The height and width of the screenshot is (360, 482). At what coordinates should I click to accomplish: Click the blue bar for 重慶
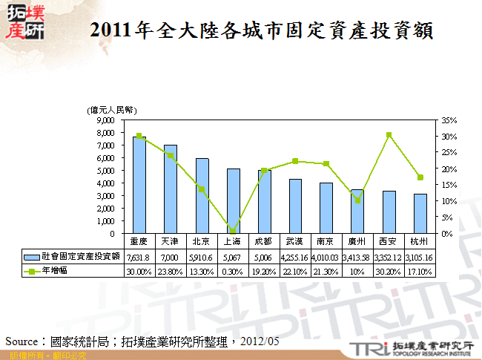[139, 185]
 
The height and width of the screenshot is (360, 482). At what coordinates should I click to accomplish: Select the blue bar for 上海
[233, 200]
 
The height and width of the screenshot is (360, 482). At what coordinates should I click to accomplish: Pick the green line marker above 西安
[389, 135]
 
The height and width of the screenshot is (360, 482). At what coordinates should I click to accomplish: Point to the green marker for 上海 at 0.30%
[233, 231]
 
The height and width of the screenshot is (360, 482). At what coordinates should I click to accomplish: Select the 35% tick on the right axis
[448, 120]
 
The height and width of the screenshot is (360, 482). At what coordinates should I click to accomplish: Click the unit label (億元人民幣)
[113, 110]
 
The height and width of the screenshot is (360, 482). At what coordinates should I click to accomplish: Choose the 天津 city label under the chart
[170, 242]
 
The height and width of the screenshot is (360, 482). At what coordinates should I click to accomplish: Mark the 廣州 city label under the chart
[357, 242]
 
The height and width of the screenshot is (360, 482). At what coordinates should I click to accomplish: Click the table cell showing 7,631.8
[139, 257]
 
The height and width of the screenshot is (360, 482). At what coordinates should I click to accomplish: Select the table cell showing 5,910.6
[201, 257]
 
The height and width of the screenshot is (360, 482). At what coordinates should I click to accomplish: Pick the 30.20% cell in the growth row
[389, 272]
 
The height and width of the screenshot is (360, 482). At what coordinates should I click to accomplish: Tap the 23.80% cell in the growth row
[170, 272]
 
